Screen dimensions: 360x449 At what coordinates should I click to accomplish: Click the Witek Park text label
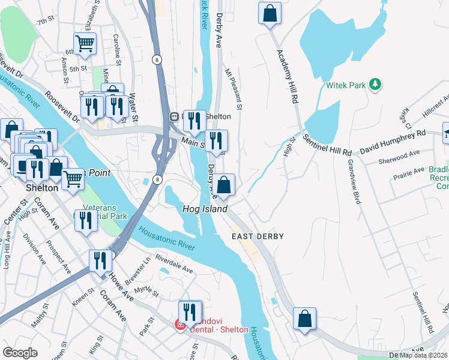(x=346, y=85)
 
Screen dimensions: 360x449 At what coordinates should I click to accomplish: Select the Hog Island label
(x=205, y=209)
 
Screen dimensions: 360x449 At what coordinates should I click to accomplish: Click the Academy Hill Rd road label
(x=288, y=74)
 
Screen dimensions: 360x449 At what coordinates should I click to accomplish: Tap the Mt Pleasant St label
(x=233, y=89)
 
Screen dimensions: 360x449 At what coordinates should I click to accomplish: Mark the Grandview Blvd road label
(x=354, y=181)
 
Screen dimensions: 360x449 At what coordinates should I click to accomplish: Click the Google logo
(x=20, y=352)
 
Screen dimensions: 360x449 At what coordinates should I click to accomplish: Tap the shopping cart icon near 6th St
(x=85, y=43)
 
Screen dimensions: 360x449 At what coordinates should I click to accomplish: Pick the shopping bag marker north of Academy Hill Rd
(x=270, y=13)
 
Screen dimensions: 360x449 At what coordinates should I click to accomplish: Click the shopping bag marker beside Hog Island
(x=224, y=185)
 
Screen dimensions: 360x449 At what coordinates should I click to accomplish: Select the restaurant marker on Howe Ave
(x=100, y=261)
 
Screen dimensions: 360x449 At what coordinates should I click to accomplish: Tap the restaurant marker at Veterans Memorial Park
(x=85, y=221)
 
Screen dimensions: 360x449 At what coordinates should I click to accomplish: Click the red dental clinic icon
(x=179, y=325)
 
